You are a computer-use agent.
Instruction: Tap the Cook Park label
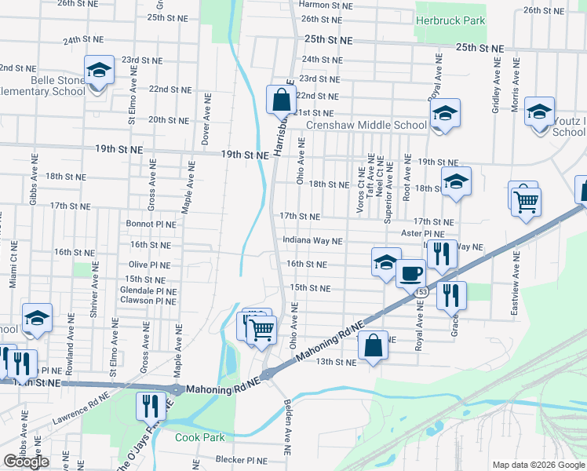(199, 438)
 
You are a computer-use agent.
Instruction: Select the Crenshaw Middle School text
(366, 125)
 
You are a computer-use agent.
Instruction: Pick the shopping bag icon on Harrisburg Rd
(281, 100)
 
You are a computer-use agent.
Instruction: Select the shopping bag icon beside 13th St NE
(374, 345)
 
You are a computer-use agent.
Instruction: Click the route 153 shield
(422, 292)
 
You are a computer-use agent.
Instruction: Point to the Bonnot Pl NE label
(151, 224)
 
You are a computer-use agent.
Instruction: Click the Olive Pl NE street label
(149, 265)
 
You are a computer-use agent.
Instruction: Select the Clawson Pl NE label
(148, 301)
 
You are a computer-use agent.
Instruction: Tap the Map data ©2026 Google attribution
(538, 465)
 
